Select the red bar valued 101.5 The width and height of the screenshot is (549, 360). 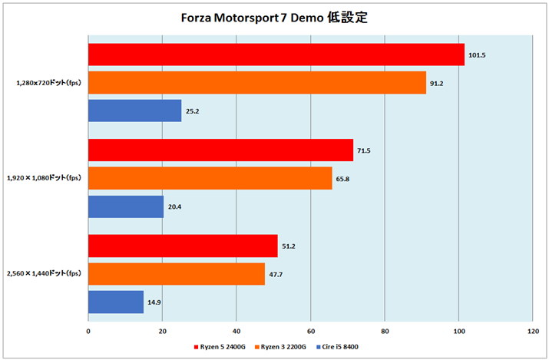[276, 54]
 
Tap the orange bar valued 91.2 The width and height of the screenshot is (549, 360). [257, 82]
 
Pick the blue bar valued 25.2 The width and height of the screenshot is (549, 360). [135, 111]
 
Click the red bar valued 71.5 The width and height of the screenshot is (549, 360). [220, 150]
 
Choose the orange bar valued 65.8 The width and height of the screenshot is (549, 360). [210, 178]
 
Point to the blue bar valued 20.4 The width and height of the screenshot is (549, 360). [126, 206]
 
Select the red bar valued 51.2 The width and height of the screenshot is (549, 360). [183, 246]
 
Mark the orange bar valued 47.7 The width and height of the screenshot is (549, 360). [177, 274]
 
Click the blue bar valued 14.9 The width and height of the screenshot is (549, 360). [116, 302]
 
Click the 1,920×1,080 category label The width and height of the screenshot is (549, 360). [45, 178]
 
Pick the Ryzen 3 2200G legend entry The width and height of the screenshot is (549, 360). [282, 347]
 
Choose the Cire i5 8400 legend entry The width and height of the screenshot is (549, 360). [339, 347]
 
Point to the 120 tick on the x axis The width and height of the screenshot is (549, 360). [532, 331]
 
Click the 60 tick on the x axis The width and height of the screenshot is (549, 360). [310, 331]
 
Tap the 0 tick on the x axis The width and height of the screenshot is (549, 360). [88, 331]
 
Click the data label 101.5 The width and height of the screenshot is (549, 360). [477, 55]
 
